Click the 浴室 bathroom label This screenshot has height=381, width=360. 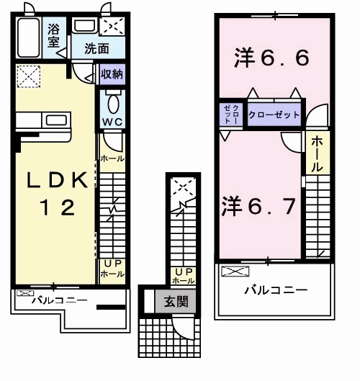click(x=53, y=35)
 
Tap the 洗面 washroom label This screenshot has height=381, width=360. click(x=96, y=49)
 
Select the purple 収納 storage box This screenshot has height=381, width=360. click(x=111, y=74)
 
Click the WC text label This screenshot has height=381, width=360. click(x=112, y=122)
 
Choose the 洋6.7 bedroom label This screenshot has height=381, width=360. click(x=257, y=207)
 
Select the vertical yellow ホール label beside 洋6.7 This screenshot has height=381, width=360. click(x=317, y=154)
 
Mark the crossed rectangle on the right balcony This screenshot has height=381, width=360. click(x=235, y=272)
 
